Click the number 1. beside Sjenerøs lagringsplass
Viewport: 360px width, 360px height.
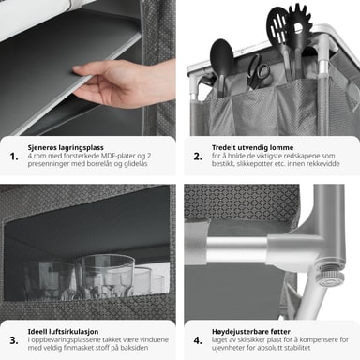pyautogui.click(x=14, y=157)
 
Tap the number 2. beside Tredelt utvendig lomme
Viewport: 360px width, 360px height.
pyautogui.click(x=198, y=157)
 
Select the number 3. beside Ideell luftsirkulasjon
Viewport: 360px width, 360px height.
pyautogui.click(x=14, y=340)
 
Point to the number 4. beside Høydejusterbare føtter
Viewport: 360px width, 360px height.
pyautogui.click(x=198, y=340)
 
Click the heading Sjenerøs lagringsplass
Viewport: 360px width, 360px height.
pyautogui.click(x=66, y=148)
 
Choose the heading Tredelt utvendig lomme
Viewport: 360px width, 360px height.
pyautogui.click(x=252, y=147)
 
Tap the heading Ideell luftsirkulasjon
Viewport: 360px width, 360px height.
pyautogui.click(x=63, y=332)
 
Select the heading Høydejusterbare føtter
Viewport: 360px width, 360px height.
pyautogui.click(x=251, y=331)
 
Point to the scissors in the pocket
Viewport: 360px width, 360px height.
pyautogui.click(x=258, y=72)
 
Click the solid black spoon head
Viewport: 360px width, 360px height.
pyautogui.click(x=221, y=53)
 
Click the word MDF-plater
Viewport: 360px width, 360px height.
pyautogui.click(x=116, y=156)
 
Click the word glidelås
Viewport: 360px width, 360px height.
pyautogui.click(x=136, y=164)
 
